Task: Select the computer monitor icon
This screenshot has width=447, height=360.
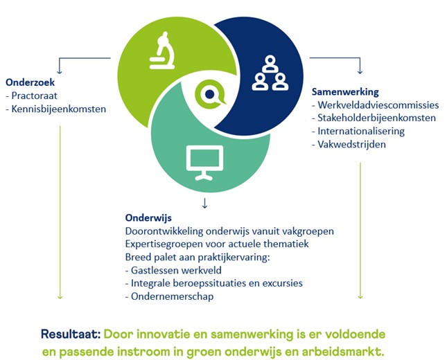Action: click(x=204, y=163)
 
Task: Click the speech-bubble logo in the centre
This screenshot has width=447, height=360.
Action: click(x=210, y=94)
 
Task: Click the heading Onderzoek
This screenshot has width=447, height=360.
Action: click(x=30, y=82)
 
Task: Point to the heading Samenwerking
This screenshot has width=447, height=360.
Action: click(x=345, y=91)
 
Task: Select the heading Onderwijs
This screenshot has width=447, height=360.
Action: click(x=148, y=218)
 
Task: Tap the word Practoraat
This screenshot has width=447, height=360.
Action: click(x=34, y=96)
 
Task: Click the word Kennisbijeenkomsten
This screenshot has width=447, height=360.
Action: click(x=59, y=109)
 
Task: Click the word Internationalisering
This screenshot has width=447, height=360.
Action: click(x=361, y=132)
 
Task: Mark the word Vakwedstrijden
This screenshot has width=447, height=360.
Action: click(x=351, y=145)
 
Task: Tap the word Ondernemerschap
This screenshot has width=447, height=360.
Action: click(x=172, y=296)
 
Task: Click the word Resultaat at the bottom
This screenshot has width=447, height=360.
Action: click(x=71, y=334)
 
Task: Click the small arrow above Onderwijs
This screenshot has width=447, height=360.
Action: click(x=204, y=204)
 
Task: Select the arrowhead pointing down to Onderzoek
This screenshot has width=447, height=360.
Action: click(x=60, y=71)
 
